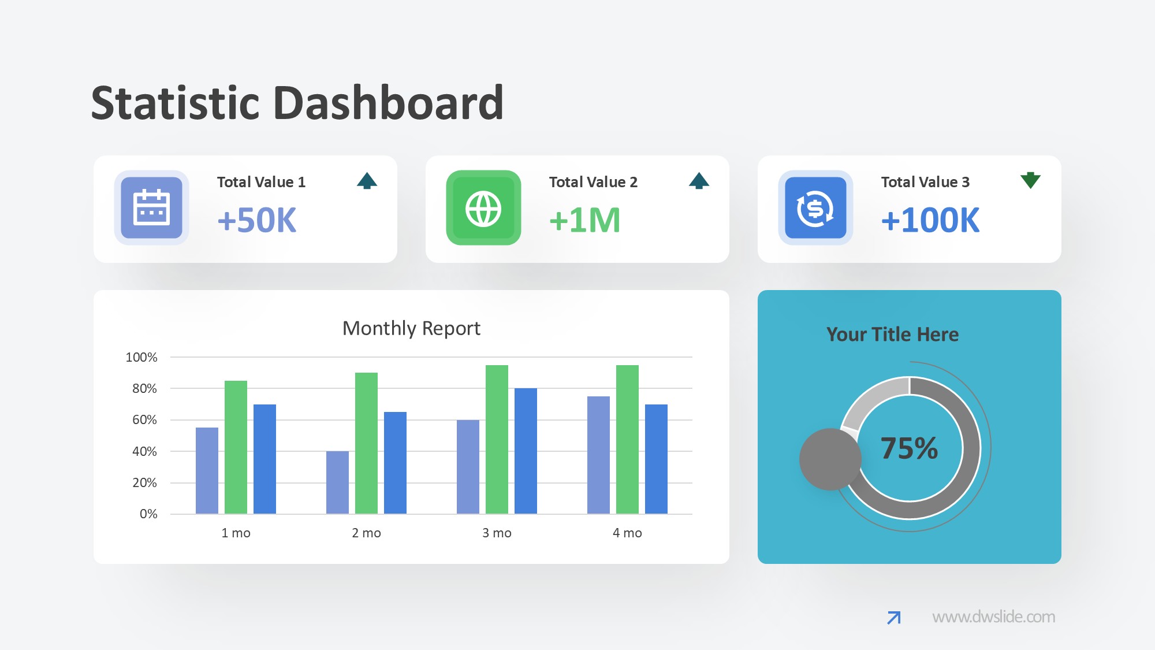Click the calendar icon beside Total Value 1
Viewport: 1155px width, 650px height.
151,208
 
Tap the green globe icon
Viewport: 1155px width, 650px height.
483,208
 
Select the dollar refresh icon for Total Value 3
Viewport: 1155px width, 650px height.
815,208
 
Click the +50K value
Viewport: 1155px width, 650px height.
257,220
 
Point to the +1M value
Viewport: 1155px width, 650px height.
585,220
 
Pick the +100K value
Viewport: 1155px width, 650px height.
930,220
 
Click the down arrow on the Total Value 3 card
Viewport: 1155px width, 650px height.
1030,180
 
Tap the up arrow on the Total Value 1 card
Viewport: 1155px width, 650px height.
367,181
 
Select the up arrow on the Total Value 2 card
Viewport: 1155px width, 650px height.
699,181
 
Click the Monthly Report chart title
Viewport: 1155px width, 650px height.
411,328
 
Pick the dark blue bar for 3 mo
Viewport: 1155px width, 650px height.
526,451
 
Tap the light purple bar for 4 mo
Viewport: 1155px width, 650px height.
598,455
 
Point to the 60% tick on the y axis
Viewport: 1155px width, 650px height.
144,420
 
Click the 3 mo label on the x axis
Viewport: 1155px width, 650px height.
497,533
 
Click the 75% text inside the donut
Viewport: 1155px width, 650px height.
909,448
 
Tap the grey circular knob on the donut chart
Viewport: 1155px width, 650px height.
830,459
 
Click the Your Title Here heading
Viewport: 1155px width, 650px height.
892,335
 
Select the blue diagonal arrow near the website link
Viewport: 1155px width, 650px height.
893,618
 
